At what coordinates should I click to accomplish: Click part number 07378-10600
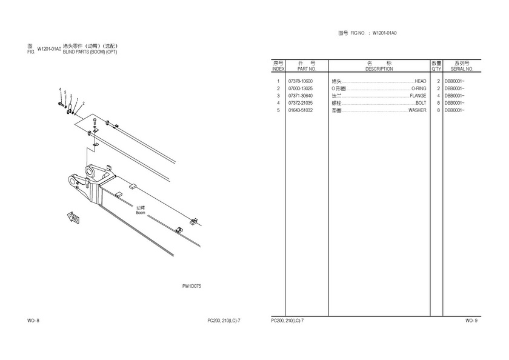click(x=301, y=81)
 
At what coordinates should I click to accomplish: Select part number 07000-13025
click(x=301, y=88)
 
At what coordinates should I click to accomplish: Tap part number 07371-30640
click(x=301, y=96)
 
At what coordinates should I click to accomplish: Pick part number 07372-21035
click(x=301, y=103)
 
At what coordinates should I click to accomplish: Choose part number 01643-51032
click(x=301, y=110)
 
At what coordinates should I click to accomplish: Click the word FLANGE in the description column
click(x=418, y=96)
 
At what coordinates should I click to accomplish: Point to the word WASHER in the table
click(x=417, y=110)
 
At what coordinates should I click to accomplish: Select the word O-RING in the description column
click(x=419, y=88)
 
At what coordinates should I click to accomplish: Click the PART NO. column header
click(x=307, y=69)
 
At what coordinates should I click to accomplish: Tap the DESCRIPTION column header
click(x=379, y=69)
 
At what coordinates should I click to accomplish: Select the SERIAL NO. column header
click(x=462, y=69)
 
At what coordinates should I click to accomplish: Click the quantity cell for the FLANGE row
click(x=438, y=96)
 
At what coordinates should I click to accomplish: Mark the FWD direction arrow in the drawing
click(x=73, y=218)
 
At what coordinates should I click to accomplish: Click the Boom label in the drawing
click(x=141, y=213)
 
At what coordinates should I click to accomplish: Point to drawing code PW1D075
click(x=191, y=286)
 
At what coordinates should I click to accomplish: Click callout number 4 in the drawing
click(x=60, y=89)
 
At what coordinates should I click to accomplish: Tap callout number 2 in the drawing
click(x=84, y=104)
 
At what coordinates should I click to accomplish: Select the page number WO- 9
click(x=471, y=321)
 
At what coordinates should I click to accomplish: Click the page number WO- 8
click(x=33, y=321)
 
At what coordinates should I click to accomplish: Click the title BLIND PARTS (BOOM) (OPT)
click(x=90, y=52)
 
